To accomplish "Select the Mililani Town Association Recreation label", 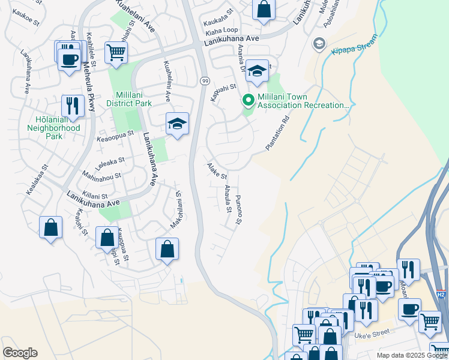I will [x=303, y=101].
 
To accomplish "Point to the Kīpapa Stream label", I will [x=355, y=46].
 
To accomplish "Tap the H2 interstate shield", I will [x=441, y=295].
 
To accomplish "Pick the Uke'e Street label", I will [x=372, y=333].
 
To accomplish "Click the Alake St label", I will [x=217, y=172].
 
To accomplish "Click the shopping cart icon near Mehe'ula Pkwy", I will [x=116, y=52].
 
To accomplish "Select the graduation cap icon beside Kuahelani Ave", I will [x=177, y=124].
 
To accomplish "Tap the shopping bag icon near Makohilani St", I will [x=167, y=248].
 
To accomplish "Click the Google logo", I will [x=20, y=353].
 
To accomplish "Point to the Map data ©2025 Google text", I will [x=411, y=355].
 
